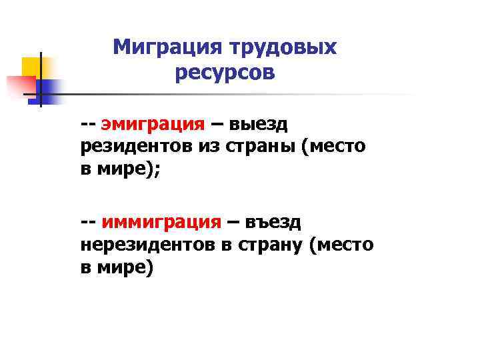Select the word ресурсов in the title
pyautogui.click(x=225, y=73)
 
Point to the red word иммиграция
pyautogui.click(x=161, y=222)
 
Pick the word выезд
pyautogui.click(x=258, y=124)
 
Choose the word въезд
pyautogui.click(x=273, y=221)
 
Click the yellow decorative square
pyautogui.click(x=32, y=67)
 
